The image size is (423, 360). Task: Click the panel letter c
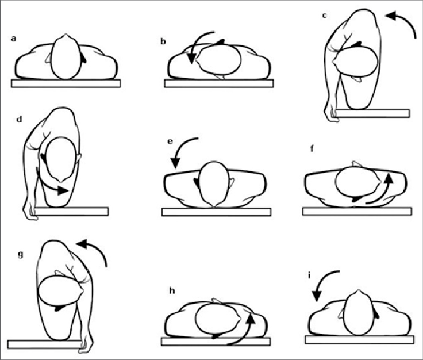(x=325, y=16)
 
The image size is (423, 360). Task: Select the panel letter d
(x=20, y=120)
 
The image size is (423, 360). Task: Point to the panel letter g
(x=21, y=252)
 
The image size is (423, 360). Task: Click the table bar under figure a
(x=66, y=83)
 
